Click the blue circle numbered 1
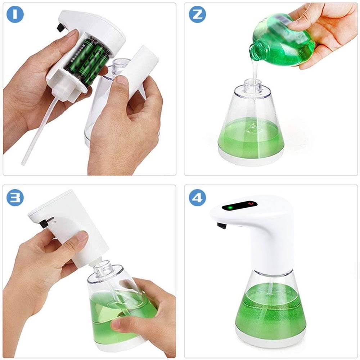15,14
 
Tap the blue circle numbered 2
197,14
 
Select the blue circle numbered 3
15,197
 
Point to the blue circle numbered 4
197,197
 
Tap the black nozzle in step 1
60,28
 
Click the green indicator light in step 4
230,208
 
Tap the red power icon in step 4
251,203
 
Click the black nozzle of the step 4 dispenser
222,226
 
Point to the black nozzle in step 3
44,224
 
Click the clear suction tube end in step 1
23,163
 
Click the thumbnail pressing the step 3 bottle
116,324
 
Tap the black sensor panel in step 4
239,206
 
